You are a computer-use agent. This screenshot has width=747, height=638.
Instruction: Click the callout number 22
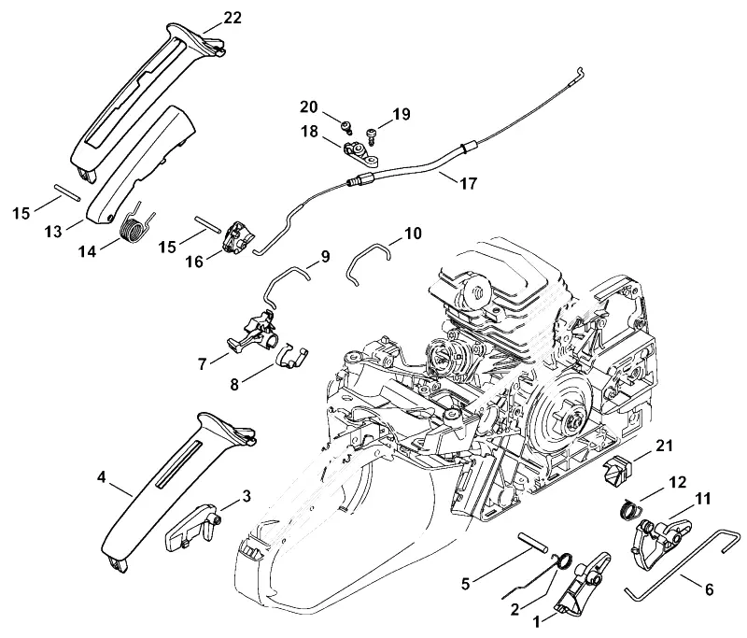pos(233,18)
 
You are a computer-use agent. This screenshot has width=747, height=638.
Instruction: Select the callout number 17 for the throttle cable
pos(468,183)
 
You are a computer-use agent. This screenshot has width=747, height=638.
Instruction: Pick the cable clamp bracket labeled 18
pos(360,153)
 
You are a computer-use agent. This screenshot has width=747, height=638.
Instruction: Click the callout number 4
pos(101,477)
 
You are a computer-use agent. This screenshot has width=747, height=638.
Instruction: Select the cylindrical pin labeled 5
pos(532,543)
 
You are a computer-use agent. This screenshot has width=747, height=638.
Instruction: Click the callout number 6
pos(709,589)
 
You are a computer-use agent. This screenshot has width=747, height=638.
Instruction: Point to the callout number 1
pos(536,621)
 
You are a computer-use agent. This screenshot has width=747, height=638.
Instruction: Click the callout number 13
pos(53,232)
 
